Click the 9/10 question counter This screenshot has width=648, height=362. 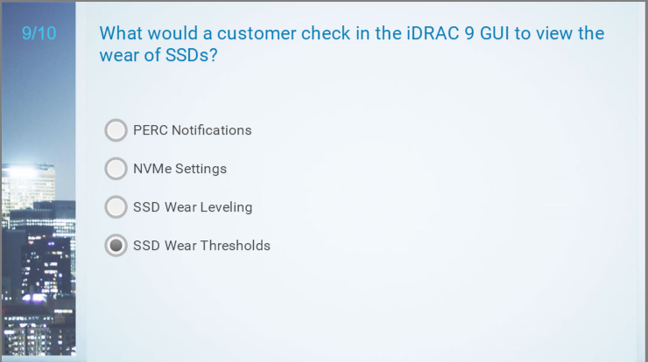click(x=39, y=33)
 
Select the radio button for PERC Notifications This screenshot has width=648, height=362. click(x=116, y=130)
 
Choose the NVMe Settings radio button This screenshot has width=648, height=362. click(x=116, y=169)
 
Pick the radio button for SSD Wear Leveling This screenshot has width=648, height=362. click(x=116, y=207)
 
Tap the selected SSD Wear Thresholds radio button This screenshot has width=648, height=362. click(x=116, y=246)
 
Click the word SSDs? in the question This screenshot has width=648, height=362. click(x=192, y=55)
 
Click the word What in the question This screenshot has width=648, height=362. click(x=120, y=33)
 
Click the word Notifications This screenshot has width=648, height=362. click(x=212, y=130)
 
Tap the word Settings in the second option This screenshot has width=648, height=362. click(x=201, y=170)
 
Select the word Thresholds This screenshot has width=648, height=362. click(x=236, y=246)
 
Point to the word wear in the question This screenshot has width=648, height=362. click(x=119, y=55)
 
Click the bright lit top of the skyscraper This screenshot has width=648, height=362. click(x=28, y=170)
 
